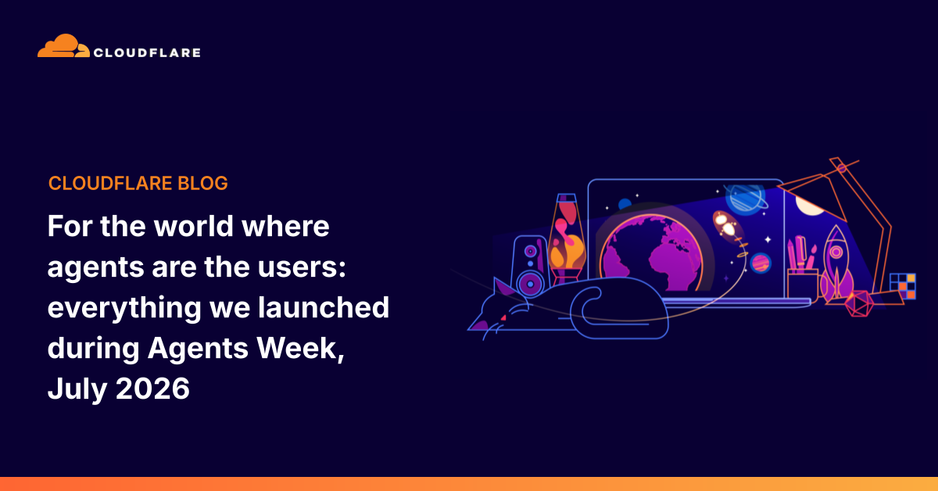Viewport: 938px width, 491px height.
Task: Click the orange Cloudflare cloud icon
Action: point(63,46)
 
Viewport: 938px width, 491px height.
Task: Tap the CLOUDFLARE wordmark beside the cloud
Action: point(147,53)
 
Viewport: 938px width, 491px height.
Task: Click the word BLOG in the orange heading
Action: point(202,184)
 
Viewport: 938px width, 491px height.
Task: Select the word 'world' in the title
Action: point(193,226)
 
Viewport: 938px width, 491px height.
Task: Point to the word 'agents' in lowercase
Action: point(95,268)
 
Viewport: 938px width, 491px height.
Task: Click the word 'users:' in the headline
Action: point(302,267)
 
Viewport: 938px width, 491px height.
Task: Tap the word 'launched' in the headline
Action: point(324,307)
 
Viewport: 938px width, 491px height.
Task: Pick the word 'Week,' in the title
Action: point(300,349)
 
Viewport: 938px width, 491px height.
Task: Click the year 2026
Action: point(152,389)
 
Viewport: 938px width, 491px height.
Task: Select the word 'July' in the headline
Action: point(77,389)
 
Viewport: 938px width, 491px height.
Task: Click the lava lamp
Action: point(567,238)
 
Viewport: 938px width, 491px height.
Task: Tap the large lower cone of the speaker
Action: point(530,284)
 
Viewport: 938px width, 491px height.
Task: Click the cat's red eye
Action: point(503,318)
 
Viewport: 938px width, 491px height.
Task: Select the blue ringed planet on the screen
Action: point(746,198)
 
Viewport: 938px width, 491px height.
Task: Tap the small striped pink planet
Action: point(761,263)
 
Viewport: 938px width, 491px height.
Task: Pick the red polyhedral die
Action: point(859,303)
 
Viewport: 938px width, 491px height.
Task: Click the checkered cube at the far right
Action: point(903,286)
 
